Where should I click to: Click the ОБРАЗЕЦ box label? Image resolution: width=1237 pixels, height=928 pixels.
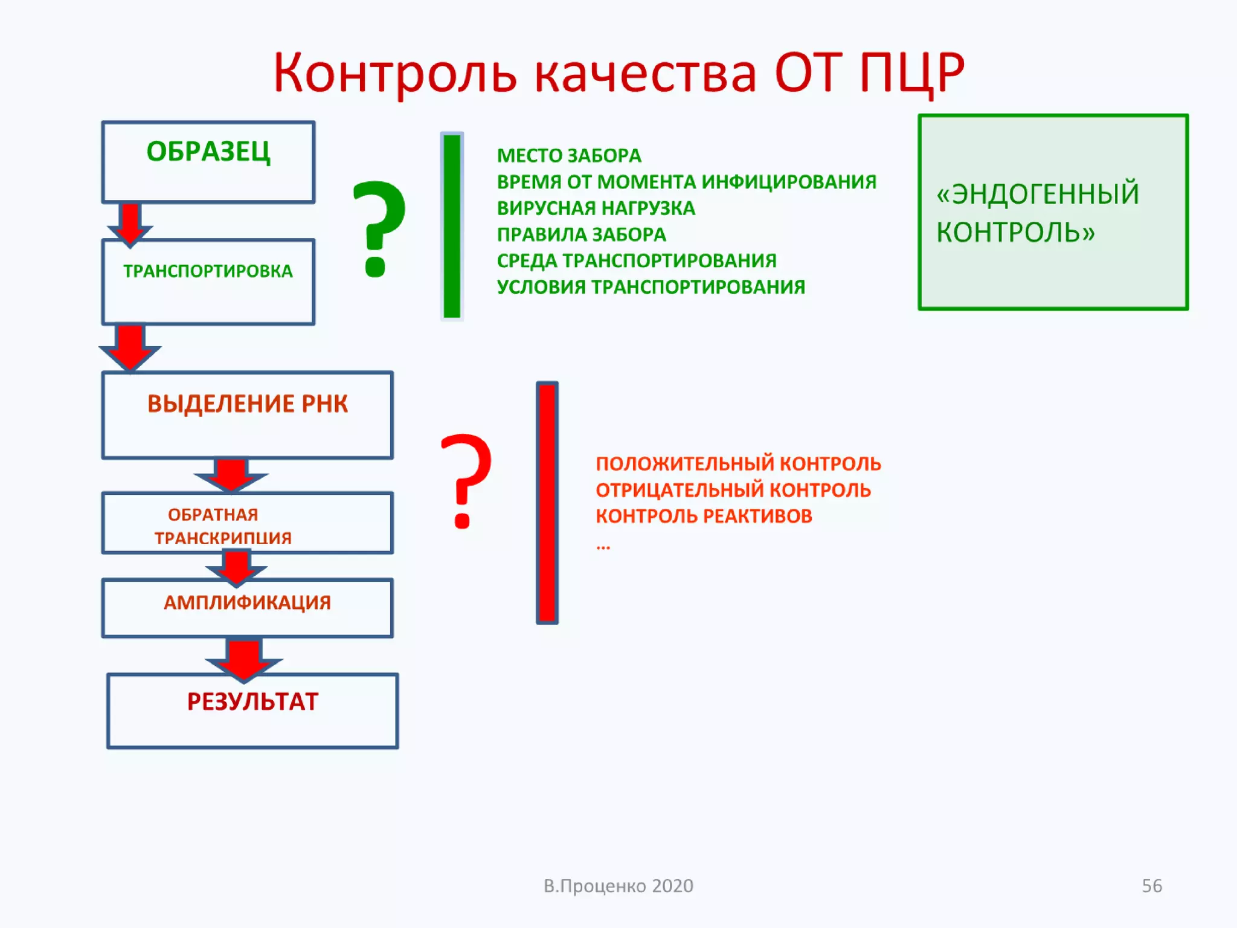tap(208, 151)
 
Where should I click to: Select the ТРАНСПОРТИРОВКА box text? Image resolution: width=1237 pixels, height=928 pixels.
tap(208, 271)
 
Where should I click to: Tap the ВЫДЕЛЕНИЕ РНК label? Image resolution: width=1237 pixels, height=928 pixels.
tap(247, 404)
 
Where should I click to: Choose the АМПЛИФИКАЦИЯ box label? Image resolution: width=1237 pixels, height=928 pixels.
tap(247, 602)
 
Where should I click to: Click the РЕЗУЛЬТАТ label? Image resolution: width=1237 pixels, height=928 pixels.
tap(252, 701)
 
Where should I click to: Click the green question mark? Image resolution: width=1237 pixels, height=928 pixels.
tap(379, 228)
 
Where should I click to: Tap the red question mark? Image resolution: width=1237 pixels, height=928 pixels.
tap(465, 480)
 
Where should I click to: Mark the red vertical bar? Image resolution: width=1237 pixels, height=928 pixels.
tap(547, 502)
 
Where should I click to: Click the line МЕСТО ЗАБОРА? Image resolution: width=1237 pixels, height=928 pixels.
tap(568, 156)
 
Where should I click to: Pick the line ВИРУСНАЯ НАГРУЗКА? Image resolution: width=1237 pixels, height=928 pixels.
tap(596, 208)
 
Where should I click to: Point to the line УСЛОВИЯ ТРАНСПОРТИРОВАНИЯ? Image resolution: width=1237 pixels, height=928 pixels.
tap(651, 287)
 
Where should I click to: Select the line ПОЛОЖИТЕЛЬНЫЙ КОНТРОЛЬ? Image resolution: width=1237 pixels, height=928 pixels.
tap(738, 463)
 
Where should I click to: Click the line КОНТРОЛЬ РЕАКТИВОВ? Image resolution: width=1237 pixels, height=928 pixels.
tap(704, 516)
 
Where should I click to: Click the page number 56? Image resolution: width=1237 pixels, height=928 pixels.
tap(1151, 886)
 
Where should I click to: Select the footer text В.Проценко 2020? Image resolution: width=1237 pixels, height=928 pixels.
tap(618, 886)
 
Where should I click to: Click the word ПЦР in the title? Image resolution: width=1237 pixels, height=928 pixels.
tap(911, 72)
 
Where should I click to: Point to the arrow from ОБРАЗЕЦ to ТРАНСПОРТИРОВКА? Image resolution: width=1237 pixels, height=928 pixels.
tap(130, 224)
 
